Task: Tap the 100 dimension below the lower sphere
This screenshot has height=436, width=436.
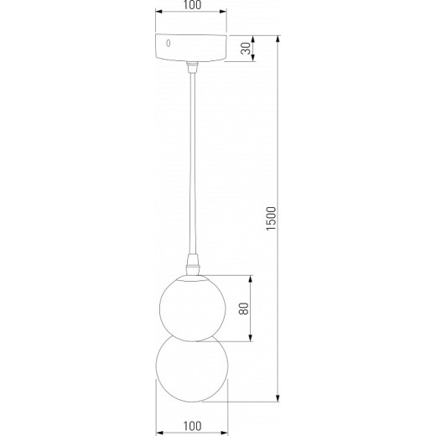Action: pos(192,428)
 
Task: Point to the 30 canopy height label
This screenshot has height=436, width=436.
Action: pos(246,49)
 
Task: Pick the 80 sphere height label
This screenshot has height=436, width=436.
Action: pos(243,308)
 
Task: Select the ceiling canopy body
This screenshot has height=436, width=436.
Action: pos(192,49)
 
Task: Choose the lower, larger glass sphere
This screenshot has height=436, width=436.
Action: pos(192,369)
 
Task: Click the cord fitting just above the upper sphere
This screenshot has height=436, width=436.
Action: pos(192,265)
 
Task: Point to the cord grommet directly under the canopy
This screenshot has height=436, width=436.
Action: pos(192,67)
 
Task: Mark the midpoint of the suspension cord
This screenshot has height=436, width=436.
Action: pos(192,163)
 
